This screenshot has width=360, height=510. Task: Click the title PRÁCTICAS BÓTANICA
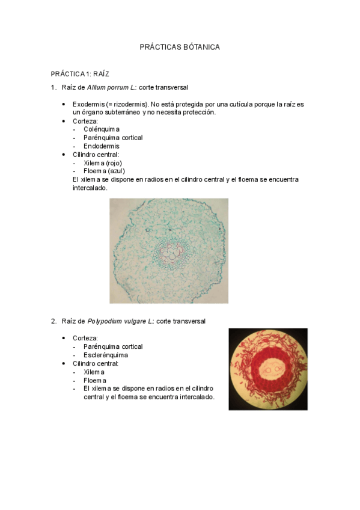[180, 46]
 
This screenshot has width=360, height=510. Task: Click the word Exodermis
[88, 104]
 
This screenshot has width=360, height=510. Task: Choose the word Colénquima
[102, 129]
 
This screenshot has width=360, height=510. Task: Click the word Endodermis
[102, 146]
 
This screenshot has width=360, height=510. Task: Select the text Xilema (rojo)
[104, 162]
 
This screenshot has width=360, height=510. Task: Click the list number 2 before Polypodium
[53, 321]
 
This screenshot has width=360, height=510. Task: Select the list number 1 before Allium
[53, 88]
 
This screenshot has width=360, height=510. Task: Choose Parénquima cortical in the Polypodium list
[113, 346]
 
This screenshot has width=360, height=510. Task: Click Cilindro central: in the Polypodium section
[96, 363]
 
